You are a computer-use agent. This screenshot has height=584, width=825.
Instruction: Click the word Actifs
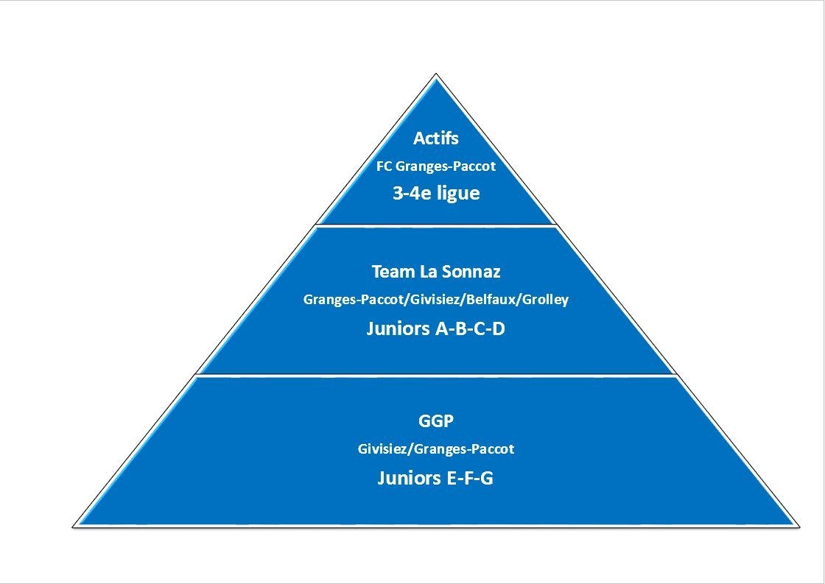[435, 138]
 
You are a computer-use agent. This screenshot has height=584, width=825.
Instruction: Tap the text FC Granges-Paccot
[435, 166]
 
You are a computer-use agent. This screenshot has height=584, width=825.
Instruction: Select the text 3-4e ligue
[436, 193]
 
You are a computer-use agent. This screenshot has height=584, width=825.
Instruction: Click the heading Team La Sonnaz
[436, 272]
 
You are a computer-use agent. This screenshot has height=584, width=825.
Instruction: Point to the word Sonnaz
[471, 272]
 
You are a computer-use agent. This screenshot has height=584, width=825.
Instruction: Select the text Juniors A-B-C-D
[435, 328]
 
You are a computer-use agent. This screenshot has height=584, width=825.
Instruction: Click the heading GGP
[435, 421]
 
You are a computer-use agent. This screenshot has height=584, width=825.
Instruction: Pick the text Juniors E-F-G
[435, 478]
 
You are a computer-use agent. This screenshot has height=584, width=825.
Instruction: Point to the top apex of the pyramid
[436, 74]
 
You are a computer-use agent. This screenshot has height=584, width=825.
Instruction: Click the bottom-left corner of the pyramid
[73, 526]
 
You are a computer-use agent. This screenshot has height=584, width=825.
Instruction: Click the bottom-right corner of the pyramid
[800, 526]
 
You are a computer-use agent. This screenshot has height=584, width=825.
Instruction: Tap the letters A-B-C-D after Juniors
[471, 328]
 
